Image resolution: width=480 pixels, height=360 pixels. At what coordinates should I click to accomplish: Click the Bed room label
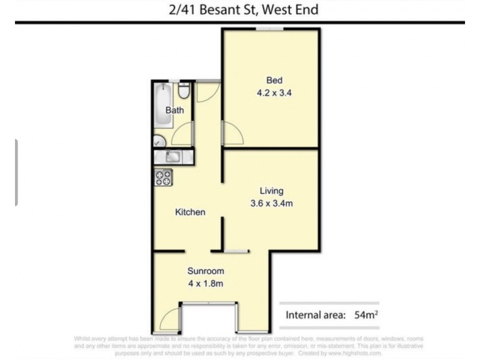pyautogui.click(x=274, y=80)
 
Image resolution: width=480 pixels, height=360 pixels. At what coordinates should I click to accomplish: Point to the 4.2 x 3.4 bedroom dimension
pyautogui.click(x=274, y=93)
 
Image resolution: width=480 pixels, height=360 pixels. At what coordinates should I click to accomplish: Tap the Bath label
pyautogui.click(x=175, y=110)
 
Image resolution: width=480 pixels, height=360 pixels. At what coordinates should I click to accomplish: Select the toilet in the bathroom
pyautogui.click(x=185, y=91)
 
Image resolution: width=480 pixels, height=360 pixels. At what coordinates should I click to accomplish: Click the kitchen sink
pyautogui.click(x=172, y=157)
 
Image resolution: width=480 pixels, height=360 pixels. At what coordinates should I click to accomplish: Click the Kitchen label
pyautogui.click(x=190, y=212)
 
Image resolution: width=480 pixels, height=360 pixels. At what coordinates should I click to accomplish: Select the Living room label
pyautogui.click(x=272, y=191)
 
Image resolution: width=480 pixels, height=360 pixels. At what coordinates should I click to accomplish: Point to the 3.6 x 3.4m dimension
pyautogui.click(x=272, y=203)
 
